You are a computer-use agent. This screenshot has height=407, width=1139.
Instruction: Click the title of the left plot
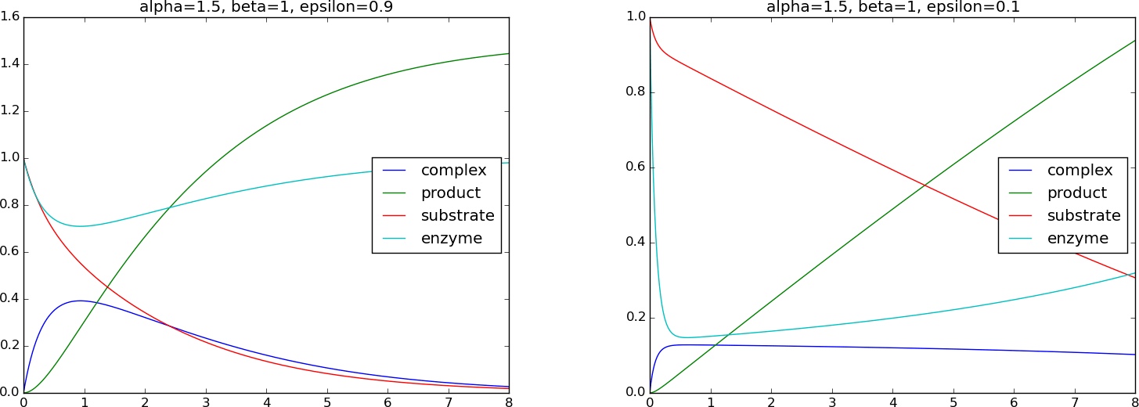266,7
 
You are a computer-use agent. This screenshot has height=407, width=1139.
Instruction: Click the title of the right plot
892,7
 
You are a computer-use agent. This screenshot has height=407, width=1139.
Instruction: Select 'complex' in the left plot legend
453,170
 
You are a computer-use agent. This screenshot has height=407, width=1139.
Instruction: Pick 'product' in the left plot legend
450,193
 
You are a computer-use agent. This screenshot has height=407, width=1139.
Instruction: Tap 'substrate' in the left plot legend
457,215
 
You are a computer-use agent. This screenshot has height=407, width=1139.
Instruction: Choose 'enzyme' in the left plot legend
451,238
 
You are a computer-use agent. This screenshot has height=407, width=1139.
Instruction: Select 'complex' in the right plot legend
1080,170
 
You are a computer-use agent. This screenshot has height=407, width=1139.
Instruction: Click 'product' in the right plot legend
1076,193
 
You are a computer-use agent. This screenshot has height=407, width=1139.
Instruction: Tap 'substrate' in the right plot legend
1083,215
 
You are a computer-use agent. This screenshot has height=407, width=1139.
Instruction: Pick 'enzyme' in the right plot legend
1077,238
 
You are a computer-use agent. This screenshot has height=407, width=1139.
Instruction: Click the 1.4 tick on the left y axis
10,64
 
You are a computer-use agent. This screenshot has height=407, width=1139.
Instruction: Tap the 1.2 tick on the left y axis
10,111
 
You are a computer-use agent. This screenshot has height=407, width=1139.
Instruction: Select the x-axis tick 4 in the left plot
266,402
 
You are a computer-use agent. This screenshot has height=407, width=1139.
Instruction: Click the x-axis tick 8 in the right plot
1134,402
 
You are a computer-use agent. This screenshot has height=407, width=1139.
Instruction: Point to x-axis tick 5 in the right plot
953,402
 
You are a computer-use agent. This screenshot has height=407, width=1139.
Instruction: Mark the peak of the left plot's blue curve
78,301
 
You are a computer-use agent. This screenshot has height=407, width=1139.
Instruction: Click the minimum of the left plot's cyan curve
79,226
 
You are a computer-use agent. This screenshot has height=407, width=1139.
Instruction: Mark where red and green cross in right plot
925,185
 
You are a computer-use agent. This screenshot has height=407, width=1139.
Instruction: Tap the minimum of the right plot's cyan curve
687,337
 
